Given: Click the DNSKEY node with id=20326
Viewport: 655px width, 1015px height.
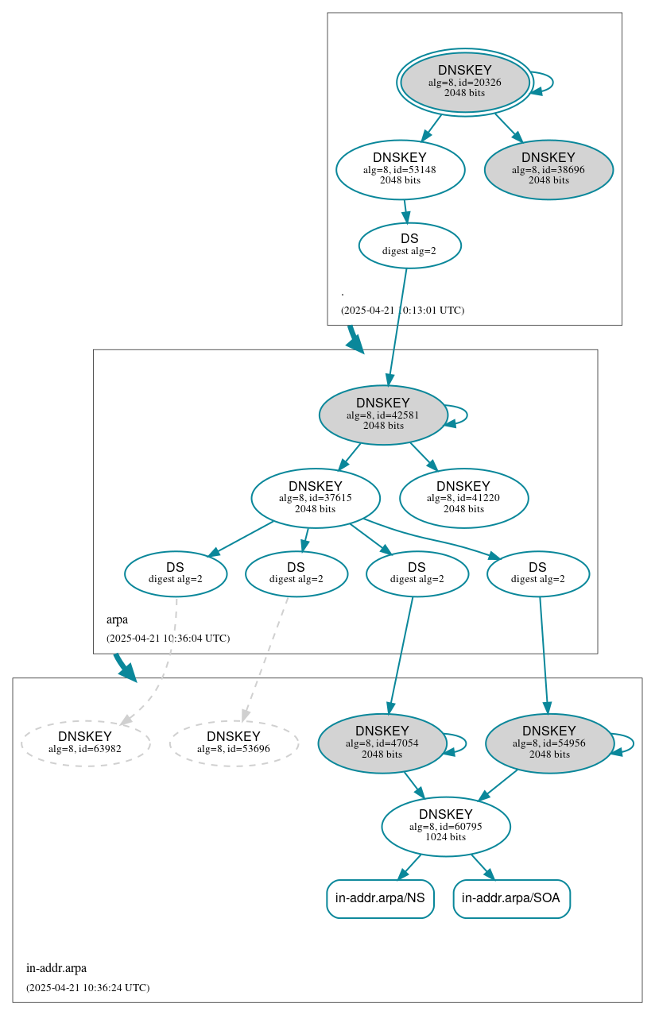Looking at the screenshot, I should pyautogui.click(x=465, y=82).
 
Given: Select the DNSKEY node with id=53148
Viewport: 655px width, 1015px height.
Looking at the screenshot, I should pyautogui.click(x=400, y=169).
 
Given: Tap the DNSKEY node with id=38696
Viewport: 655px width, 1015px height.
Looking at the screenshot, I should pyautogui.click(x=548, y=169).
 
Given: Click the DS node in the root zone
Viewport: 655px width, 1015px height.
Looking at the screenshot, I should pyautogui.click(x=409, y=245).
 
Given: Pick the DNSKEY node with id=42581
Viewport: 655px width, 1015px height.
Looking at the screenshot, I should pyautogui.click(x=383, y=415).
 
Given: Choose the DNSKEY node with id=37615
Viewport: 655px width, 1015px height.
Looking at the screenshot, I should pyautogui.click(x=316, y=498).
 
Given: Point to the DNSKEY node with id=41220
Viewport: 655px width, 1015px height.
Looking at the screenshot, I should pyautogui.click(x=463, y=498).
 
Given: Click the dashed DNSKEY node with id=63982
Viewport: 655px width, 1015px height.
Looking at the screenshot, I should pyautogui.click(x=85, y=742).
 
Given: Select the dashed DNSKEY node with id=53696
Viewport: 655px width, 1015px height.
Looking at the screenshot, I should pyautogui.click(x=234, y=742).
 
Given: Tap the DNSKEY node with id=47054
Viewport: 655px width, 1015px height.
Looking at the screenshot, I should pyautogui.click(x=382, y=743).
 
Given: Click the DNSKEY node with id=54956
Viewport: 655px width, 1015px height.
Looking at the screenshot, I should pyautogui.click(x=549, y=743).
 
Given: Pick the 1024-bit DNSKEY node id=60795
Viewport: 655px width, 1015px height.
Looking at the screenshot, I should pyautogui.click(x=446, y=826).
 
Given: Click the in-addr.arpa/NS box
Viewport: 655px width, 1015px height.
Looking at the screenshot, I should pyautogui.click(x=380, y=898).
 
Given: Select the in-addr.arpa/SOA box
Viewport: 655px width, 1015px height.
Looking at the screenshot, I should pyautogui.click(x=511, y=898).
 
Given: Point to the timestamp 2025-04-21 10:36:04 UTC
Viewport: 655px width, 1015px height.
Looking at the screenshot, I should pyautogui.click(x=168, y=638).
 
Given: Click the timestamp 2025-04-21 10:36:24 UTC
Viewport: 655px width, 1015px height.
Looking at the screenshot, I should pyautogui.click(x=87, y=987).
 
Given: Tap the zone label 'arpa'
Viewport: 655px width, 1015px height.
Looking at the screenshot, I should pyautogui.click(x=117, y=619).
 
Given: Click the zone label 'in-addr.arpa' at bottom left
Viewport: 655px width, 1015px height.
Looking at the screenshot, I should pyautogui.click(x=56, y=967).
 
